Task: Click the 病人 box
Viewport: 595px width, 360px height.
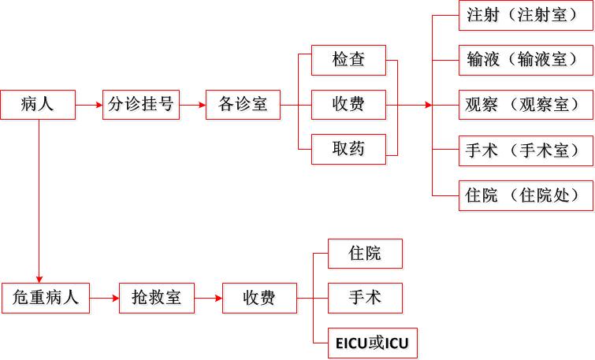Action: click(38, 104)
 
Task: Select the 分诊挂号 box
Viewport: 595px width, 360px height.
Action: click(141, 104)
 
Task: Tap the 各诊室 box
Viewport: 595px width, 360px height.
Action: click(243, 104)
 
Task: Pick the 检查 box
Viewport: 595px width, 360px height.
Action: click(349, 60)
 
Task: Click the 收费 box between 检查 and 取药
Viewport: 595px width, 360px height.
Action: click(349, 104)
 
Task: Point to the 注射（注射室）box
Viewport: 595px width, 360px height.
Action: click(525, 16)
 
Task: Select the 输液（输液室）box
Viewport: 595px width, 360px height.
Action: click(525, 60)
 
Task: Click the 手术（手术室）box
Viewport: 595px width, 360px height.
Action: click(525, 150)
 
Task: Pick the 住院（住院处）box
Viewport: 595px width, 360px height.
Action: click(525, 195)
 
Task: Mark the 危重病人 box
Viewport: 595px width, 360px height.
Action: click(46, 298)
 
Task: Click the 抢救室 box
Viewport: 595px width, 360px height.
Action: click(156, 298)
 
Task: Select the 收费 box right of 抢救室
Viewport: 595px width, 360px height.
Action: click(259, 298)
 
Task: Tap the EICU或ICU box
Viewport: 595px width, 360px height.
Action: click(372, 343)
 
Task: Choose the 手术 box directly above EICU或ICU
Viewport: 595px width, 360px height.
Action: click(365, 298)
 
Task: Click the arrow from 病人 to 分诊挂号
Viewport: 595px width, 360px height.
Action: click(89, 104)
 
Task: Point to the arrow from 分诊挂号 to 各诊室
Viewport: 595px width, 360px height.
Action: click(192, 104)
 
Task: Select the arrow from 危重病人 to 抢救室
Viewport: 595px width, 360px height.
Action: click(104, 298)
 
